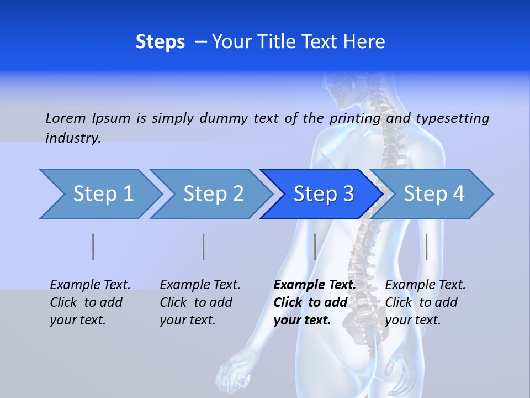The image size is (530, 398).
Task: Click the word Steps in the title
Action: (160, 42)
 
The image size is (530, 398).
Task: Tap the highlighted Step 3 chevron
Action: (324, 194)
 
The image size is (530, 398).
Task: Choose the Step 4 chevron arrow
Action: (434, 194)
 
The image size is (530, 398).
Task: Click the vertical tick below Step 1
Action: (93, 247)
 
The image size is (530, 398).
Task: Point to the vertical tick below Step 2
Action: (204, 247)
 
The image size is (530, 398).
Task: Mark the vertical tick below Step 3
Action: (315, 247)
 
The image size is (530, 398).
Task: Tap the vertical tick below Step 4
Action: (426, 247)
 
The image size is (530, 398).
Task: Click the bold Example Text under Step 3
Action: (315, 285)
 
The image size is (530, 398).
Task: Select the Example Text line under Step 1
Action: (91, 285)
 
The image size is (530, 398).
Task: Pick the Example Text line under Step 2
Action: (200, 285)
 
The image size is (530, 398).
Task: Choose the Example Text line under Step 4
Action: (426, 285)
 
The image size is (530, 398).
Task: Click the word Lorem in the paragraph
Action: (66, 118)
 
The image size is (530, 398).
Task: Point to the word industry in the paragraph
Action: (73, 138)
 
